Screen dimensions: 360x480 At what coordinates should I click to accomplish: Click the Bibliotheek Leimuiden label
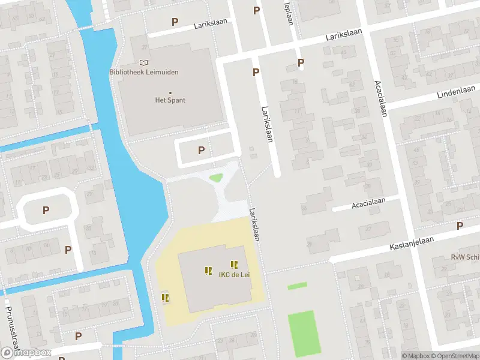coord(144,72)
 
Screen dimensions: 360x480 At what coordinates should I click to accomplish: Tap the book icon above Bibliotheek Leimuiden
coord(143,62)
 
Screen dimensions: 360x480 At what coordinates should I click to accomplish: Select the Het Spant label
coord(170,100)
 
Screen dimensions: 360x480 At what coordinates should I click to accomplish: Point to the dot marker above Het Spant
coord(170,92)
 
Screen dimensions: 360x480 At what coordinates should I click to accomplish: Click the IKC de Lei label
coord(233,275)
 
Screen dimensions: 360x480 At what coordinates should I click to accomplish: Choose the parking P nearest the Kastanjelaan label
coord(460,226)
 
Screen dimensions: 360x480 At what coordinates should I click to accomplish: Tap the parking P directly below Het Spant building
coord(202,151)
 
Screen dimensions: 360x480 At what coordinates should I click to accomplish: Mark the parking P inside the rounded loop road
coord(46,210)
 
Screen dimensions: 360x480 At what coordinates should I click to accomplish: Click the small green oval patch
coord(215,178)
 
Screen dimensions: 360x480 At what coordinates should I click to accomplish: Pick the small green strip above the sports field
coord(297,286)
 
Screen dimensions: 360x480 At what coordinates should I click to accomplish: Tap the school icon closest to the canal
coord(165,297)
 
